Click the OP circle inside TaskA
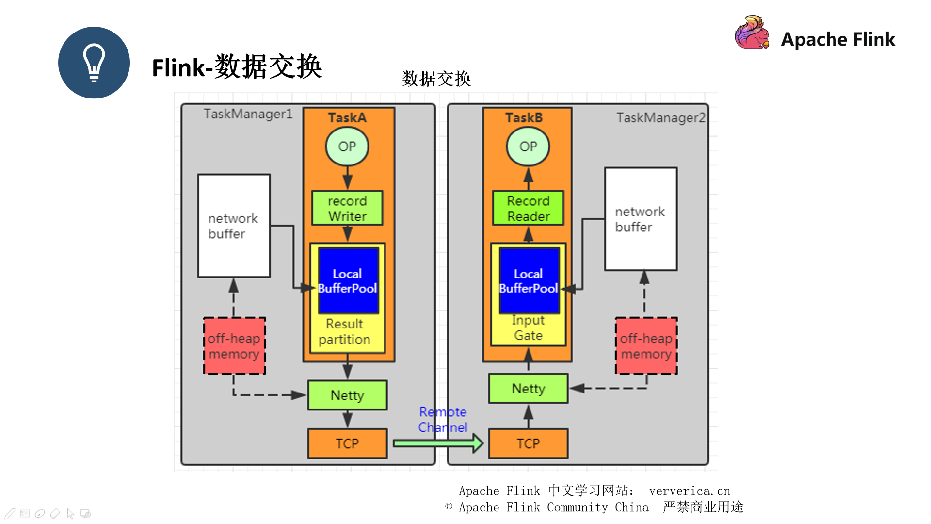coord(347,146)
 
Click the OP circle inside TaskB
coord(528,146)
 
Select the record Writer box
coord(347,208)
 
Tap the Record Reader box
coord(528,208)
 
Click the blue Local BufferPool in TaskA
coord(348,280)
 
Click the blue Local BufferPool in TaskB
coord(529,280)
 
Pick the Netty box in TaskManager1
coord(347,395)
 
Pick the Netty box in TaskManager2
coord(528,389)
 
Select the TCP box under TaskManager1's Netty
coord(347,443)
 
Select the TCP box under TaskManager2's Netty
coord(528,443)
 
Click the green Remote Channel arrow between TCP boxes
coord(436,443)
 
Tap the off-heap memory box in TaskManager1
coord(234,346)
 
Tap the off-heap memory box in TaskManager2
coord(646,346)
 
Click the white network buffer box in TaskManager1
coord(234,226)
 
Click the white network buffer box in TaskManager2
coord(641,219)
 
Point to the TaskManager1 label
coord(248,114)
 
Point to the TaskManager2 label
coord(660,118)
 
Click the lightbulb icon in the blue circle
coord(94,63)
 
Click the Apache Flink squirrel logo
coord(752,33)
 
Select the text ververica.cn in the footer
coord(689,491)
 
